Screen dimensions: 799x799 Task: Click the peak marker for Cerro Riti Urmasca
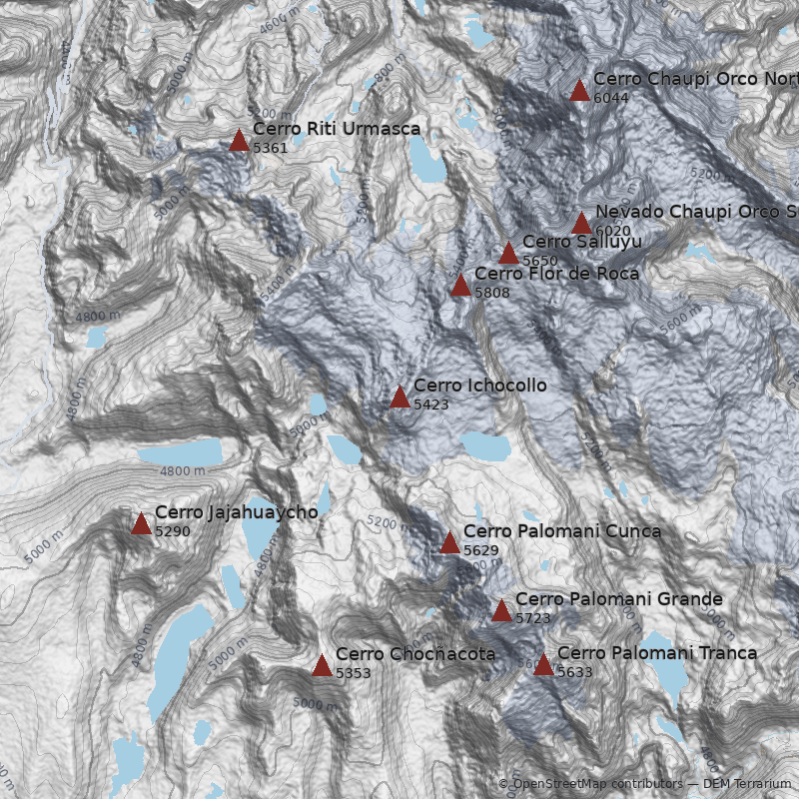239,141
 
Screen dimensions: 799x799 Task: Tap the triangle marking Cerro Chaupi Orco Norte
579,91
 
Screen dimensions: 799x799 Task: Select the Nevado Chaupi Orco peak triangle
581,224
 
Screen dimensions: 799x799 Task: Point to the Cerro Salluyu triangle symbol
508,253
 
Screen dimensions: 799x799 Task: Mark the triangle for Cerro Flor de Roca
460,286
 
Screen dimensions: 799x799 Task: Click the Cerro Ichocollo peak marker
399,398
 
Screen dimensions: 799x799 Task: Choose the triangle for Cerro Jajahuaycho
141,524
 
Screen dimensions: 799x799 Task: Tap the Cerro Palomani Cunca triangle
449,543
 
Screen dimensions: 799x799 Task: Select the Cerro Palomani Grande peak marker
501,611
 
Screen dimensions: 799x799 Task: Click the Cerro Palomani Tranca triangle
543,665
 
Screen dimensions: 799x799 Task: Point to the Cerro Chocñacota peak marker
322,666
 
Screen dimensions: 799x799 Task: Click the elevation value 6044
611,98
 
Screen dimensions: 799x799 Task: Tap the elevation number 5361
271,148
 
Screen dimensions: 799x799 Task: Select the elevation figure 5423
431,404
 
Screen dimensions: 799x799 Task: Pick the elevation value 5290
173,531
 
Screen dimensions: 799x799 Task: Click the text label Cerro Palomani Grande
618,599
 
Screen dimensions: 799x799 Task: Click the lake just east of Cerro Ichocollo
483,445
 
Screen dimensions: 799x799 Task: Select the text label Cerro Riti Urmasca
337,129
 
